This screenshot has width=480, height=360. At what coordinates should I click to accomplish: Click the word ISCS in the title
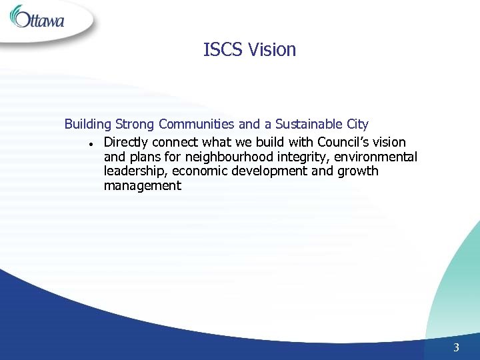tap(223, 50)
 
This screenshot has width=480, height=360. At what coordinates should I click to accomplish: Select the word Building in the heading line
tap(88, 125)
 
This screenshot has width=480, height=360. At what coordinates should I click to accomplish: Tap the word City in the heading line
tap(357, 125)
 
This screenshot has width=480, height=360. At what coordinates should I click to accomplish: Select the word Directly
tap(127, 143)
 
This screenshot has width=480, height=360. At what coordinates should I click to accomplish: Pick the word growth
tap(357, 171)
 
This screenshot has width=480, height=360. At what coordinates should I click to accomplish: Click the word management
tap(142, 185)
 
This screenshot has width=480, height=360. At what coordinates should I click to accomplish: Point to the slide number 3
tap(457, 347)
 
